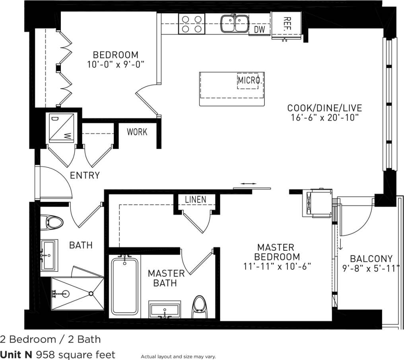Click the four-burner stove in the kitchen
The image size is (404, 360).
(x=191, y=23)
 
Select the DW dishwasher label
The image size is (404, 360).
(x=259, y=29)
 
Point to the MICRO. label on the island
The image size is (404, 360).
(x=250, y=81)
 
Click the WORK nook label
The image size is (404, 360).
(x=137, y=132)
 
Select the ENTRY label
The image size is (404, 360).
(x=85, y=175)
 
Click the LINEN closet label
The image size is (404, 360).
(x=196, y=199)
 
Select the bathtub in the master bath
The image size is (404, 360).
(x=125, y=286)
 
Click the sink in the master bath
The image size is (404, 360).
(x=164, y=310)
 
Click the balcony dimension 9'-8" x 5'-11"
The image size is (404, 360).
(x=371, y=269)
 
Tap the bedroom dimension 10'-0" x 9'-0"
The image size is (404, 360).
(x=115, y=64)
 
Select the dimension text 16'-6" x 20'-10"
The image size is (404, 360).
(x=325, y=117)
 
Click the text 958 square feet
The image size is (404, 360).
(x=75, y=354)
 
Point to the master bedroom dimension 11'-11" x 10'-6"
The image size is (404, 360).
(x=277, y=266)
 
